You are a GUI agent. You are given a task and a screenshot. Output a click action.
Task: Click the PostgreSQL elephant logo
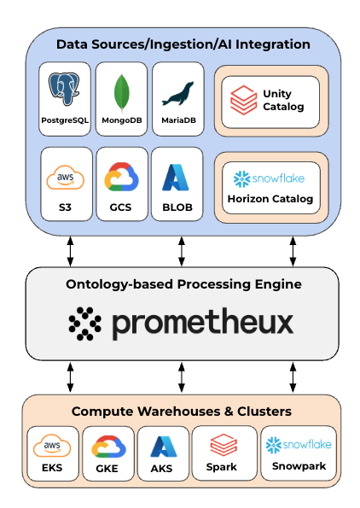click(x=66, y=90)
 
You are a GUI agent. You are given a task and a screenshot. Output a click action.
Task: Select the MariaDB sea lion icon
click(x=178, y=91)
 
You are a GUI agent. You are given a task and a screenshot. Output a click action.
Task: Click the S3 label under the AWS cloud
click(x=66, y=207)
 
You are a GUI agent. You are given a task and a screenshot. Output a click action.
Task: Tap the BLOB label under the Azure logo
click(x=178, y=207)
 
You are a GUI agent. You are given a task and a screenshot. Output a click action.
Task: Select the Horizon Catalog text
click(x=270, y=199)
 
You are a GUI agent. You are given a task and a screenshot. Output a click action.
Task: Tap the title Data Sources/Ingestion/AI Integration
click(x=183, y=44)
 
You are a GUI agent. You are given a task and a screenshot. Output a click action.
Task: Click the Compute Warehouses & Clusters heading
click(x=181, y=412)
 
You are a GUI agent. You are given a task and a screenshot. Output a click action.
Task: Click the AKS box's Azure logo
click(x=162, y=447)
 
